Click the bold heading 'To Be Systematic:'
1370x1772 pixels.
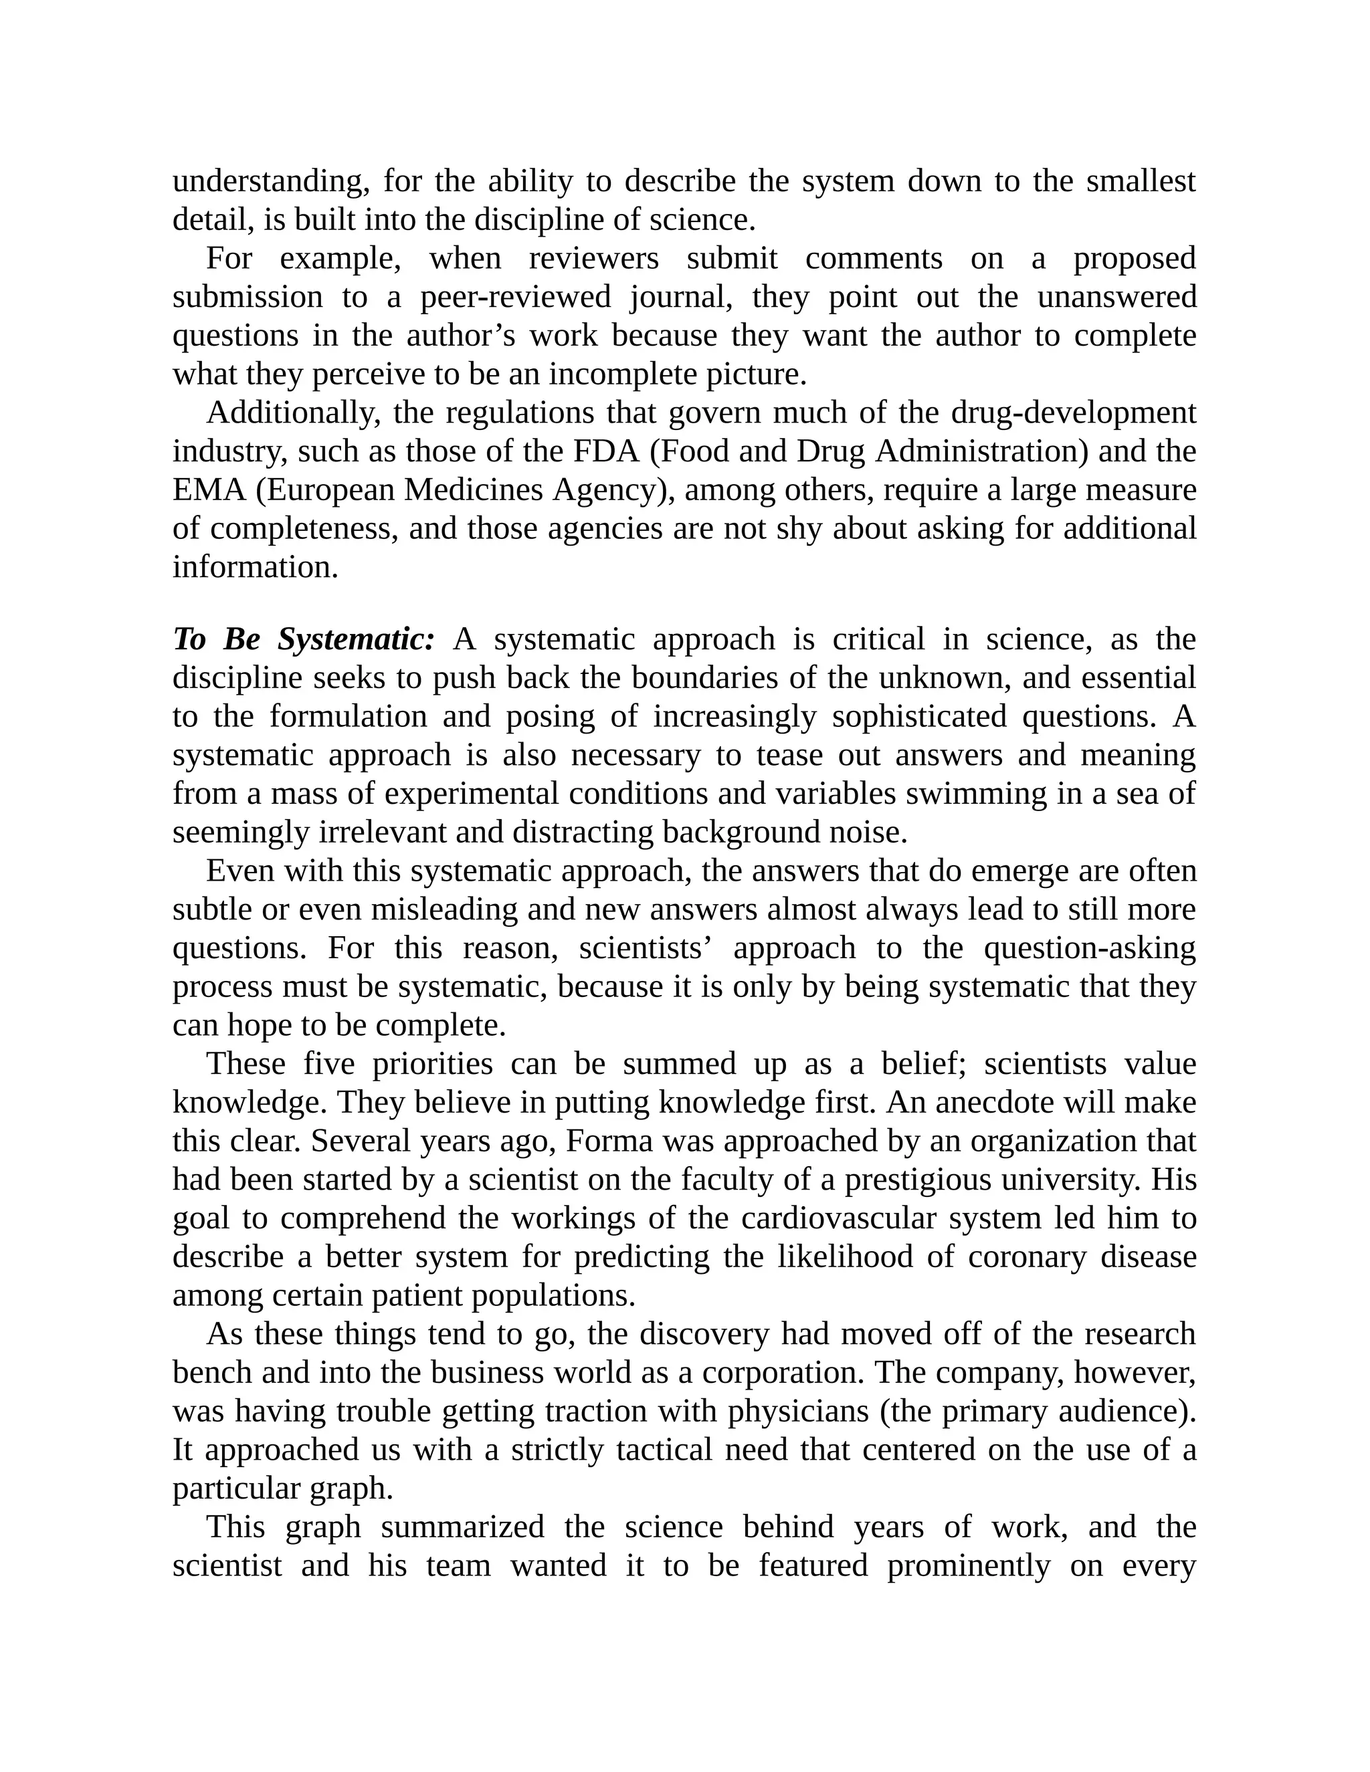pyautogui.click(x=304, y=639)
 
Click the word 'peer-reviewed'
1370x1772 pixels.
pyautogui.click(x=514, y=297)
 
